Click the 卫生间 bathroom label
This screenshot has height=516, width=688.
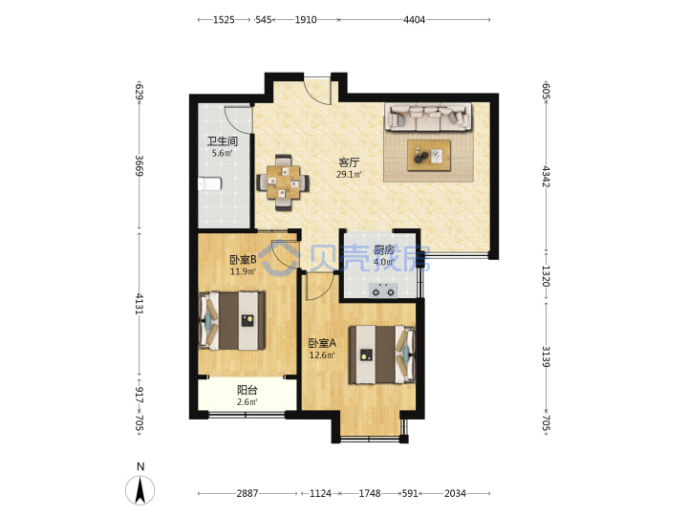223,141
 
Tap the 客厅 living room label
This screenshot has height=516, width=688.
349,162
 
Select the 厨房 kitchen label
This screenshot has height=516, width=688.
384,250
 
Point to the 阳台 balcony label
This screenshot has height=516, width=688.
247,390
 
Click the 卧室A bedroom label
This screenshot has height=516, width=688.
322,343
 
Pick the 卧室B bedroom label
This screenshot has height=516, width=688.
243,260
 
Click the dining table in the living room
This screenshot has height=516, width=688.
283,183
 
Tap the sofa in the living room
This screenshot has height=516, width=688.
428,117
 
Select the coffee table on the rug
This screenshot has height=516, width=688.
429,156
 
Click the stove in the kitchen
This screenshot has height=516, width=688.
383,290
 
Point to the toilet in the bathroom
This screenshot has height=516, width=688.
209,183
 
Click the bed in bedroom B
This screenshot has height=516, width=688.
232,321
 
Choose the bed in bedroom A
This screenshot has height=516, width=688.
381,355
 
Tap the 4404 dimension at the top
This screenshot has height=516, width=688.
414,20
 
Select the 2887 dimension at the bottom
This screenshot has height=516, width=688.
247,493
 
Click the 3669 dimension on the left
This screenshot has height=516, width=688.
140,165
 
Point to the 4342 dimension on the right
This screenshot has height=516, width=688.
546,176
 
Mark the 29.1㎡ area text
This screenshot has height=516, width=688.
349,174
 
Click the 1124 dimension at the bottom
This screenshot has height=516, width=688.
320,493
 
